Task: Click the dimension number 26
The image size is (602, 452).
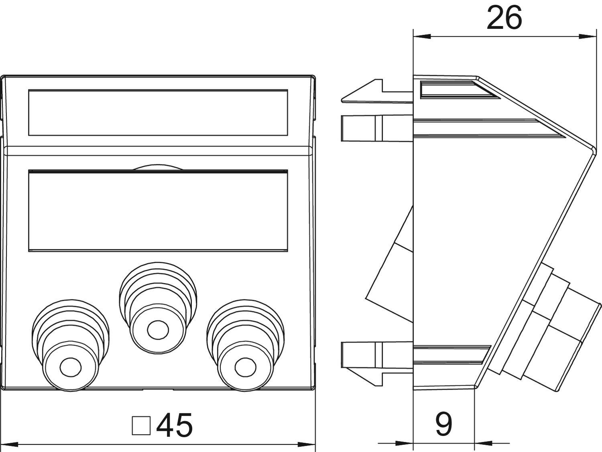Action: [x=504, y=18]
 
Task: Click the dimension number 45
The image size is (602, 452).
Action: [x=175, y=426]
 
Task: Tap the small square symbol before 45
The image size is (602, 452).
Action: [x=141, y=426]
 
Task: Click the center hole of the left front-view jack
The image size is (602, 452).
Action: [x=71, y=367]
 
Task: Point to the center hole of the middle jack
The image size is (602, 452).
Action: [x=158, y=330]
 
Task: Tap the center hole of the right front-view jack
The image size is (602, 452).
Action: [x=246, y=367]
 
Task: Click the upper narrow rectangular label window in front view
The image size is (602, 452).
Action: [x=158, y=112]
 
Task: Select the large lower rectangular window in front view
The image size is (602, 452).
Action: [x=158, y=211]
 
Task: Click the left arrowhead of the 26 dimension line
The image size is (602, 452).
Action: [x=422, y=36]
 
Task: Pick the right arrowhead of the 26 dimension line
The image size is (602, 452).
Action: [x=588, y=36]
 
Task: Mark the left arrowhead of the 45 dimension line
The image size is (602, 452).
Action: [x=10, y=444]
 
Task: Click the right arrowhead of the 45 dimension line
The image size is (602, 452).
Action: [x=306, y=444]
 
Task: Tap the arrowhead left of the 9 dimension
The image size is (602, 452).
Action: [x=404, y=443]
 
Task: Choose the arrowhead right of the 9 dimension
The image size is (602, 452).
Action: [x=483, y=443]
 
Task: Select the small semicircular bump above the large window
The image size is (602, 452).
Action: [x=158, y=167]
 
